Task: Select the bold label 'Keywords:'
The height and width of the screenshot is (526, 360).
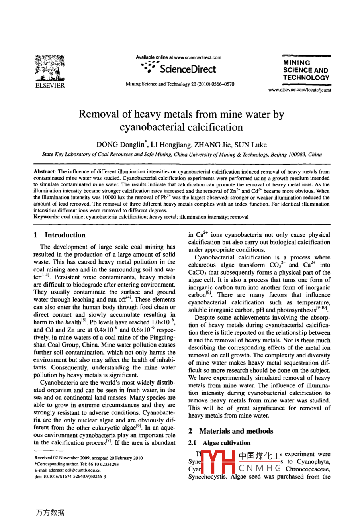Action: click(47, 217)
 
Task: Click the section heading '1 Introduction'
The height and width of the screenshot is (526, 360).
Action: click(60, 235)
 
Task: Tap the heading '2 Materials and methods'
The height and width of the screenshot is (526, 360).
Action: click(231, 431)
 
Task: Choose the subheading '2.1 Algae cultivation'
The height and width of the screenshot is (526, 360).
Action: click(219, 443)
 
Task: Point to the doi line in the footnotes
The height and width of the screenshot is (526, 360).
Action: click(70, 476)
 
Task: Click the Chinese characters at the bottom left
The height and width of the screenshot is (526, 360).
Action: click(50, 512)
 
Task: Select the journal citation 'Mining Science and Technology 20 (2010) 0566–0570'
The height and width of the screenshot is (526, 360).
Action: click(180, 84)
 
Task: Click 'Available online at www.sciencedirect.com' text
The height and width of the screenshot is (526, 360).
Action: click(178, 57)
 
